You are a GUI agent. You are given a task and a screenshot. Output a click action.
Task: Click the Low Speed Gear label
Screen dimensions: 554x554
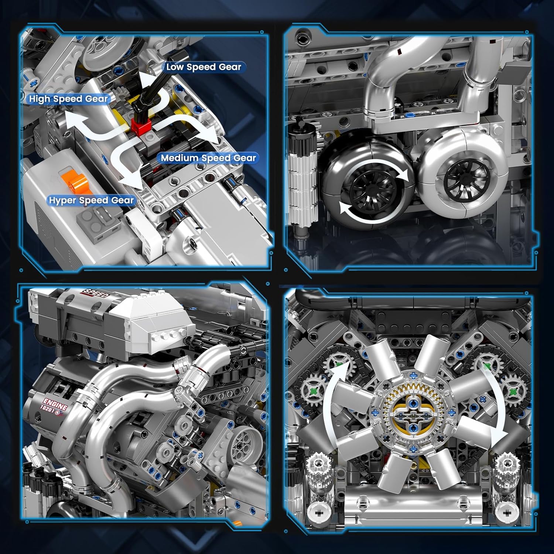pos(204,67)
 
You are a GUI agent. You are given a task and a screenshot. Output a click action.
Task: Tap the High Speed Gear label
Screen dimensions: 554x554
pos(68,99)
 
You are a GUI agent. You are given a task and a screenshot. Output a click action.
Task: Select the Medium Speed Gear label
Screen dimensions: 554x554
pos(208,158)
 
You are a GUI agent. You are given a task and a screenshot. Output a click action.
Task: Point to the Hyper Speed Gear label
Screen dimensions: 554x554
pos(91,200)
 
